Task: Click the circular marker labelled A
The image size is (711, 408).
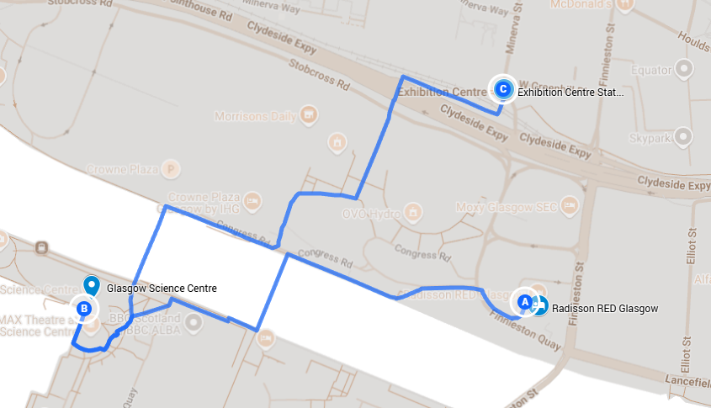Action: point(523,300)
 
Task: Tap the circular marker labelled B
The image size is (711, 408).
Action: point(83,309)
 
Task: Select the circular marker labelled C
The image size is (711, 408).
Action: point(502,87)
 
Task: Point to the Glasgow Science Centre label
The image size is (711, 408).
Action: point(162,289)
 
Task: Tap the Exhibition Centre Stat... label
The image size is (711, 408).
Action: point(570,93)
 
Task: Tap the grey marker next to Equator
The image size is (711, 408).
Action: point(686,68)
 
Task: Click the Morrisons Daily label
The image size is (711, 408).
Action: point(256,115)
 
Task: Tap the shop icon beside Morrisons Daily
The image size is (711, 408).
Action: point(309,114)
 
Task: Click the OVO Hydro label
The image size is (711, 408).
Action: point(370,213)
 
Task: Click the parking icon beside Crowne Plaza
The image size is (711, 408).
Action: point(172,168)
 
